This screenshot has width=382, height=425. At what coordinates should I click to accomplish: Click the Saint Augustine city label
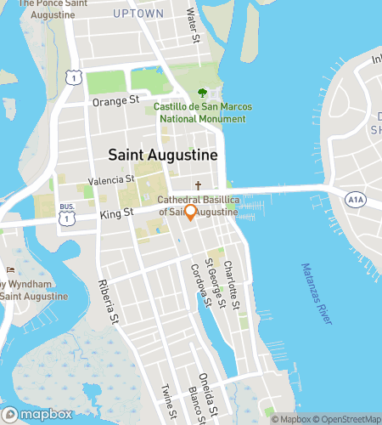click(x=163, y=156)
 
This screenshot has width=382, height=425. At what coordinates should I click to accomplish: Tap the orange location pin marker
click(x=191, y=212)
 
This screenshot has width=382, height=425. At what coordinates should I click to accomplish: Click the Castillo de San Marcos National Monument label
click(x=200, y=113)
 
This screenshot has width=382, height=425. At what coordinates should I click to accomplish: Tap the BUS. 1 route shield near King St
click(x=65, y=218)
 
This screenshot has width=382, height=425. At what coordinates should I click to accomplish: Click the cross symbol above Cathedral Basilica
click(x=198, y=184)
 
